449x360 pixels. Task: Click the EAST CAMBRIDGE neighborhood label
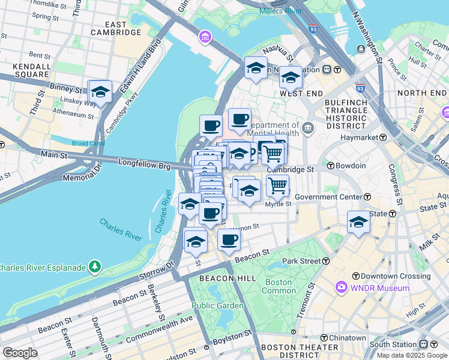pyautogui.click(x=116, y=28)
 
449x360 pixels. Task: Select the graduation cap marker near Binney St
pyautogui.click(x=100, y=92)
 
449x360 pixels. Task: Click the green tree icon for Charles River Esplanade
pyautogui.click(x=94, y=266)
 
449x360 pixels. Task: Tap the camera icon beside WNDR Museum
pyautogui.click(x=342, y=288)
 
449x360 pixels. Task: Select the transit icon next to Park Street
pyautogui.click(x=325, y=261)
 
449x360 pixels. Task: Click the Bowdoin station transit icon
pyautogui.click(x=330, y=166)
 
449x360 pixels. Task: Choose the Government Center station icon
pyautogui.click(x=367, y=197)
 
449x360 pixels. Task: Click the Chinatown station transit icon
pyautogui.click(x=324, y=338)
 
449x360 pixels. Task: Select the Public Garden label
pyautogui.click(x=218, y=305)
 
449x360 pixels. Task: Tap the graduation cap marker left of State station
pyautogui.click(x=358, y=221)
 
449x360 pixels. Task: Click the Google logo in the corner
pyautogui.click(x=20, y=352)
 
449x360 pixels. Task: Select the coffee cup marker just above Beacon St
pyautogui.click(x=228, y=240)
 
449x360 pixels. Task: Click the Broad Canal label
pyautogui.click(x=88, y=143)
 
